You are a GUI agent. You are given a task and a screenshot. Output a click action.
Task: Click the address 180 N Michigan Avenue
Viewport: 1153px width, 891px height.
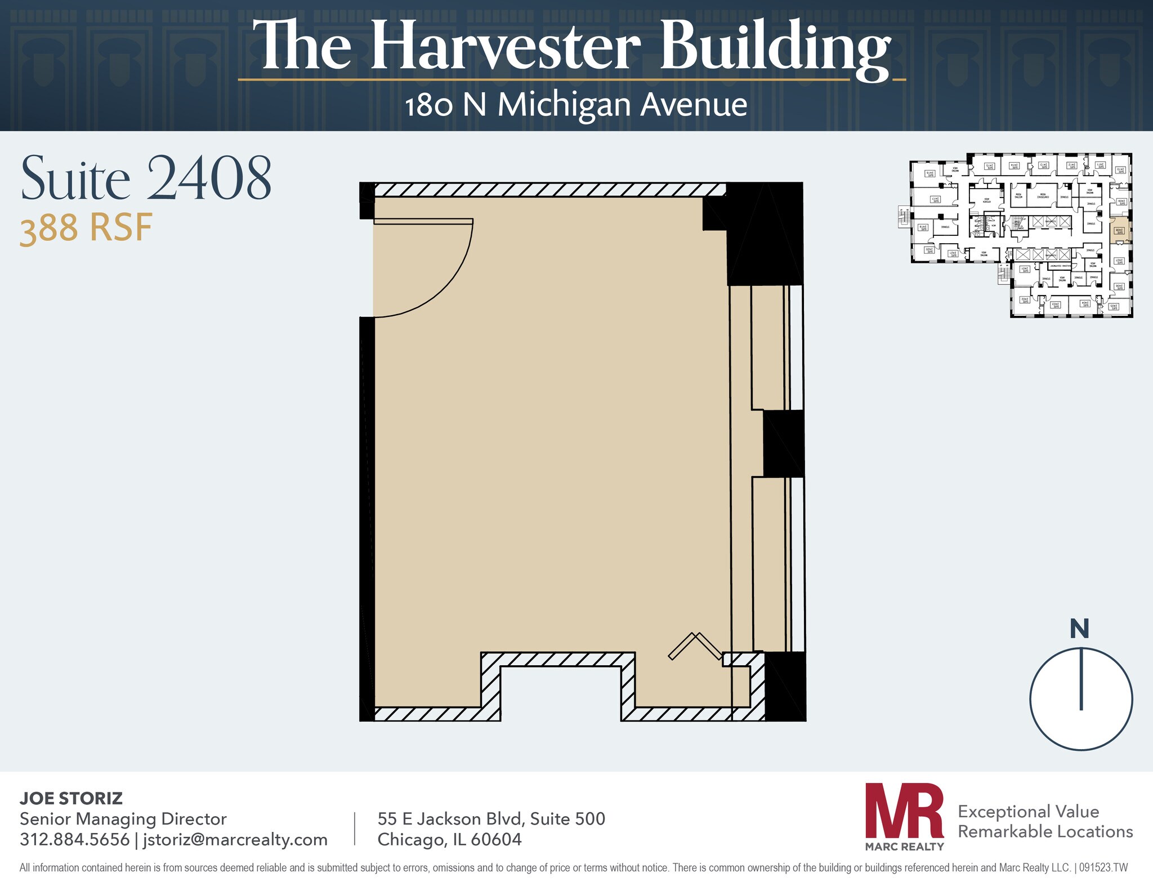click(575, 105)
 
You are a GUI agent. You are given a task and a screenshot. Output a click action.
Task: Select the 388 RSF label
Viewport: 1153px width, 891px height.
click(86, 229)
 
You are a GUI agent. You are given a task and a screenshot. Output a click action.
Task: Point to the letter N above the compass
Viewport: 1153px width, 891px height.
click(1079, 629)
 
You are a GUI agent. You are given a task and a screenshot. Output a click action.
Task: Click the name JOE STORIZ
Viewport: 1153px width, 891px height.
click(71, 798)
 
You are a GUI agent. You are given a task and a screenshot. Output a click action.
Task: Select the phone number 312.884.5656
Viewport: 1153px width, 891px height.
click(74, 839)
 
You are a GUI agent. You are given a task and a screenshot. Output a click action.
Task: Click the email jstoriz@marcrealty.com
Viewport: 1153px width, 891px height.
click(235, 839)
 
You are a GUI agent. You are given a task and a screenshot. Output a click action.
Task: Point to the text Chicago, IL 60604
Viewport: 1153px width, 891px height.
click(449, 839)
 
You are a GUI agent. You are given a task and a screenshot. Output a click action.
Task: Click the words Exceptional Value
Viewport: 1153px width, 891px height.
click(1028, 811)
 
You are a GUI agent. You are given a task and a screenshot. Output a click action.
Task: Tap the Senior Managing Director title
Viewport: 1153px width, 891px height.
click(123, 818)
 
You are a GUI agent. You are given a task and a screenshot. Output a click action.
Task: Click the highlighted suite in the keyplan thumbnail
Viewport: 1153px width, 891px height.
click(1119, 231)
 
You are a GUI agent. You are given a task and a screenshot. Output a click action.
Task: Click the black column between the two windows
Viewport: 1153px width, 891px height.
click(783, 443)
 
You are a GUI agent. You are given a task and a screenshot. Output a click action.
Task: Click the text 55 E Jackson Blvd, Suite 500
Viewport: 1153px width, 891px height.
click(491, 818)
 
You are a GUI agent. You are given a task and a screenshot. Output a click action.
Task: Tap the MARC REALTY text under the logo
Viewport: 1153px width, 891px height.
click(904, 846)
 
